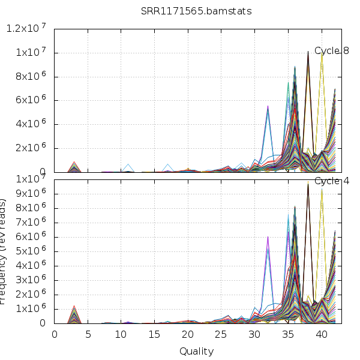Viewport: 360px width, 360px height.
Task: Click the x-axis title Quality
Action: pos(196,351)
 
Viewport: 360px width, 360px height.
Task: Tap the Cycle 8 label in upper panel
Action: pos(332,51)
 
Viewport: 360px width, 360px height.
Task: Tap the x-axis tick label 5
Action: pos(88,334)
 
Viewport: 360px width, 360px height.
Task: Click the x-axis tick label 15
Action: pos(155,334)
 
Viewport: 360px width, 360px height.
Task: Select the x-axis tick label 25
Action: pos(221,334)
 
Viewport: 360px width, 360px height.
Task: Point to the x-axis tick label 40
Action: pos(322,334)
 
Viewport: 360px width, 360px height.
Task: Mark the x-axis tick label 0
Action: pos(55,334)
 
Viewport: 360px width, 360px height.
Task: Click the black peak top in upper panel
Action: pos(308,52)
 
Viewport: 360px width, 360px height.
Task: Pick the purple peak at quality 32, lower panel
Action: pos(268,237)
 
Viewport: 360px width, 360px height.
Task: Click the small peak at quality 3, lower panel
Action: pos(74,307)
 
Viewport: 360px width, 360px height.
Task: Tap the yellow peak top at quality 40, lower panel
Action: pos(322,189)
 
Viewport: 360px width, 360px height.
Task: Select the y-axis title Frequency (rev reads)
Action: pos(5,252)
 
